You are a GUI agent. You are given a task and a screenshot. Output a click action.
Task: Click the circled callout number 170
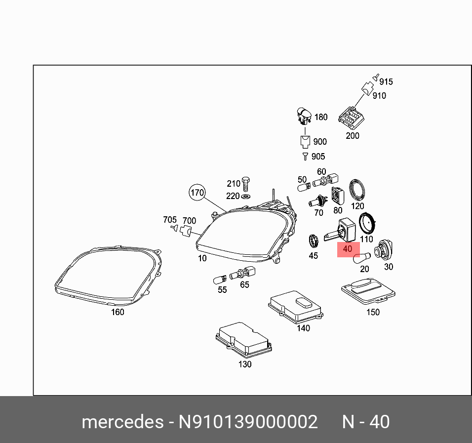point(197,193)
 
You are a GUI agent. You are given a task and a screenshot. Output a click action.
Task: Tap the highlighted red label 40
point(348,249)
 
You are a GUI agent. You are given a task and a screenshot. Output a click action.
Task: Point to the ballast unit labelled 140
point(296,305)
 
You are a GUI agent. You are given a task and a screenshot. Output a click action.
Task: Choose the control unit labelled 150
point(368,291)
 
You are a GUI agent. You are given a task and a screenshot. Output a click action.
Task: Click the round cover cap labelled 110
point(367,222)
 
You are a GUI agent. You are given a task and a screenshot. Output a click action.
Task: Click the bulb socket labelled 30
point(383,250)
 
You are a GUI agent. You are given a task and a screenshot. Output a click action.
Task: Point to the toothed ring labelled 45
point(312,242)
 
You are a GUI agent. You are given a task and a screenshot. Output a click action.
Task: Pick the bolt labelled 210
point(247,183)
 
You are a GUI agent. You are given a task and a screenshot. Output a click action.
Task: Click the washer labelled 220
point(246,196)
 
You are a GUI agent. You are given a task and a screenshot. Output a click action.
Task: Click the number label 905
point(318,156)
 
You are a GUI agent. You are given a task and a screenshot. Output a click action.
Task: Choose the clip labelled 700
point(186,231)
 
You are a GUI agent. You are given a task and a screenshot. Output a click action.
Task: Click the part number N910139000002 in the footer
point(248,422)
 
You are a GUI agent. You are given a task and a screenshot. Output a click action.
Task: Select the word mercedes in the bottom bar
point(122,422)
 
